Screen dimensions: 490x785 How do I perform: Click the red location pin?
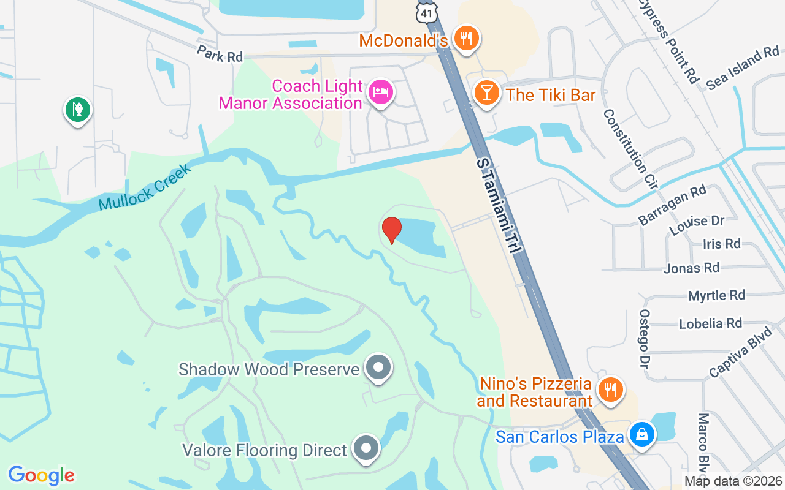392,230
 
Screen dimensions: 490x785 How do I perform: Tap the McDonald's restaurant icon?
467,39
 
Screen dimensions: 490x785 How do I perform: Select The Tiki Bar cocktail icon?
486,94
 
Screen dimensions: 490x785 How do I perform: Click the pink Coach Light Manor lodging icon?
380,93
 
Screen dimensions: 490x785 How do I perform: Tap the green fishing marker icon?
78,110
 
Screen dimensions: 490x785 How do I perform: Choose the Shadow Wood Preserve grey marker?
378,367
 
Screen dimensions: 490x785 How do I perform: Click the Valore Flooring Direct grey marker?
367,450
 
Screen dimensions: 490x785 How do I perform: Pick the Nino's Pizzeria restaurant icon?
610,388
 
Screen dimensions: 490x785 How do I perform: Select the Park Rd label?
220,53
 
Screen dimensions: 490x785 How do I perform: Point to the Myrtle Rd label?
716,296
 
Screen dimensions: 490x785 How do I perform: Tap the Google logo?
41,475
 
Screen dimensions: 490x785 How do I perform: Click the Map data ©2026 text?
733,481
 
